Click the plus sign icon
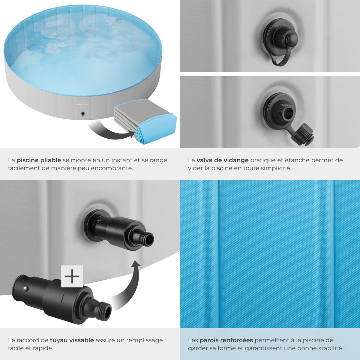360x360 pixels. pos(72,276)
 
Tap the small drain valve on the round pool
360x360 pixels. pos(82,114)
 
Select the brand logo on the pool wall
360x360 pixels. pos(83,104)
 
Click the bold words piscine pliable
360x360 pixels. pos(39,160)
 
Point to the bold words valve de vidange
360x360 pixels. pos(223,160)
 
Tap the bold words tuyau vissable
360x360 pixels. pos(72,340)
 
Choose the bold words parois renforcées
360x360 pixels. pos(226,340)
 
